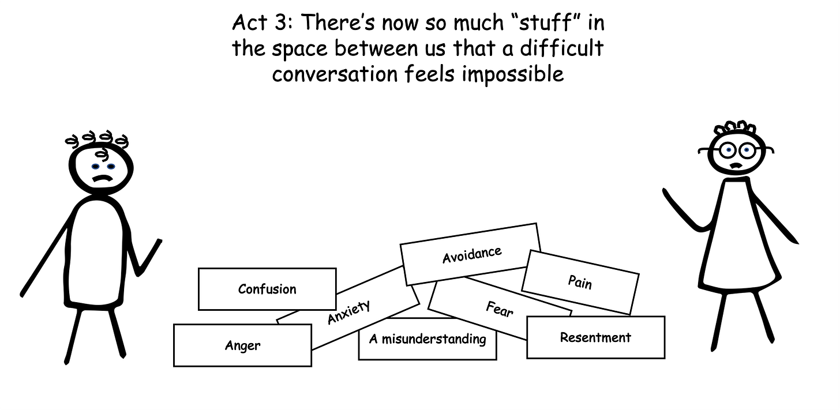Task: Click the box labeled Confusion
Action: click(x=267, y=289)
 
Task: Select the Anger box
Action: click(x=242, y=345)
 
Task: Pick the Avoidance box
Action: click(x=471, y=254)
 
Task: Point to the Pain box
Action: click(x=580, y=282)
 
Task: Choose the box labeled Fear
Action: click(x=500, y=310)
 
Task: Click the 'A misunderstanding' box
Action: click(x=427, y=339)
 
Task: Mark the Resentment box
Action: click(x=595, y=337)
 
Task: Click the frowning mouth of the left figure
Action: click(x=102, y=178)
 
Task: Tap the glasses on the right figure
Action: click(x=737, y=150)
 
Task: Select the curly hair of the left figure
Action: click(x=97, y=140)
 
